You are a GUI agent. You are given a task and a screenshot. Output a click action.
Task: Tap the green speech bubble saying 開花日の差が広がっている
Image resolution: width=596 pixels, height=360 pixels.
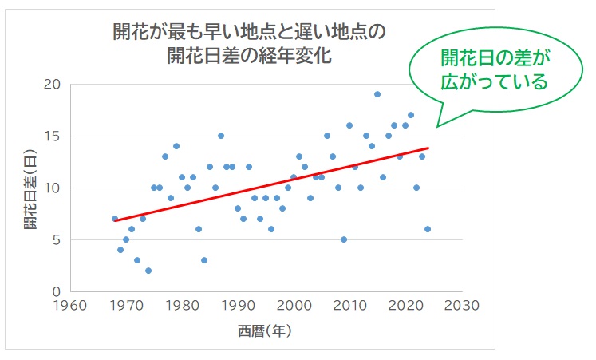coord(495,69)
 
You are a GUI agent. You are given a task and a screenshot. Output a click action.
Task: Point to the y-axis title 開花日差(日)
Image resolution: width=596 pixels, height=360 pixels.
coord(30,188)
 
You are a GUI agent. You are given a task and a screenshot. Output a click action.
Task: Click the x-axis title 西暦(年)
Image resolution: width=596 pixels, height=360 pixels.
coord(264,330)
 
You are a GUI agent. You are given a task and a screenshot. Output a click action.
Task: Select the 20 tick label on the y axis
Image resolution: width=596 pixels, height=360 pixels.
coord(53,85)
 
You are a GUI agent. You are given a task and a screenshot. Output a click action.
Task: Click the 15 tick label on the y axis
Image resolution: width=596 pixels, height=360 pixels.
coord(53,136)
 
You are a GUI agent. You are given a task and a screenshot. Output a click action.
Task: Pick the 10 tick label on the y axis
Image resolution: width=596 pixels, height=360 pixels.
coord(53,188)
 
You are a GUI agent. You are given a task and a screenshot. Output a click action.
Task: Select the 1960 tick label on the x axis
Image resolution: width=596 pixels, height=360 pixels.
coord(73,306)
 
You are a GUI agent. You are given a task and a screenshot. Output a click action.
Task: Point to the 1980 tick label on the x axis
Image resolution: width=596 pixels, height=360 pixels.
coord(184,306)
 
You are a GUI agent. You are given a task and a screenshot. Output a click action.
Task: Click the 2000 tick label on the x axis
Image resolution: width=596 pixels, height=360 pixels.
coord(295,306)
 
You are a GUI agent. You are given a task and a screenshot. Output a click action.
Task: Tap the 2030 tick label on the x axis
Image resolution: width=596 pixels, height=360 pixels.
coord(462,306)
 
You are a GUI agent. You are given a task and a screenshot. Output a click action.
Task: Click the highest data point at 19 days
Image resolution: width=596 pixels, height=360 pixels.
coord(377,94)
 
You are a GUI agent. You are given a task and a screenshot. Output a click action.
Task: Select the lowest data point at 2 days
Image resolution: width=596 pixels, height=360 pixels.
coord(148,271)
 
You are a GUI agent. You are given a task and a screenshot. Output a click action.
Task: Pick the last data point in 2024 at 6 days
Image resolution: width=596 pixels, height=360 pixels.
coord(428,229)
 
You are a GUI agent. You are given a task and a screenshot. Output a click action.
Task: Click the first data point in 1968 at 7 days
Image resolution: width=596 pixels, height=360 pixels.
coord(115,219)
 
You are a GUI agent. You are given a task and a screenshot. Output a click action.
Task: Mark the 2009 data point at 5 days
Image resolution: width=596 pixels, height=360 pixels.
coord(344,239)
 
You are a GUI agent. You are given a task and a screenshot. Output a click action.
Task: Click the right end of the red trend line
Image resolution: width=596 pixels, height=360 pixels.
coord(428,148)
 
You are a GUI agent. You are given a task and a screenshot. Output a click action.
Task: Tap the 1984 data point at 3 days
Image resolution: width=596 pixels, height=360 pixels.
coord(204,260)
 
